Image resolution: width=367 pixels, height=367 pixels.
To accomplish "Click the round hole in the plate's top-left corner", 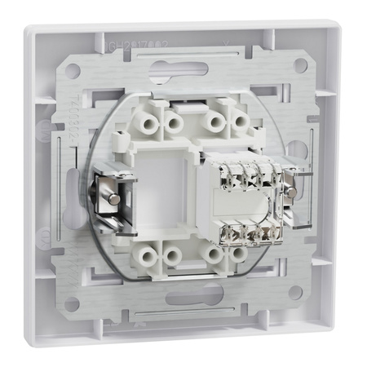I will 73,71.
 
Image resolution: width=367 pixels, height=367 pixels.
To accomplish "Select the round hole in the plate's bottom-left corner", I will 72,303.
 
